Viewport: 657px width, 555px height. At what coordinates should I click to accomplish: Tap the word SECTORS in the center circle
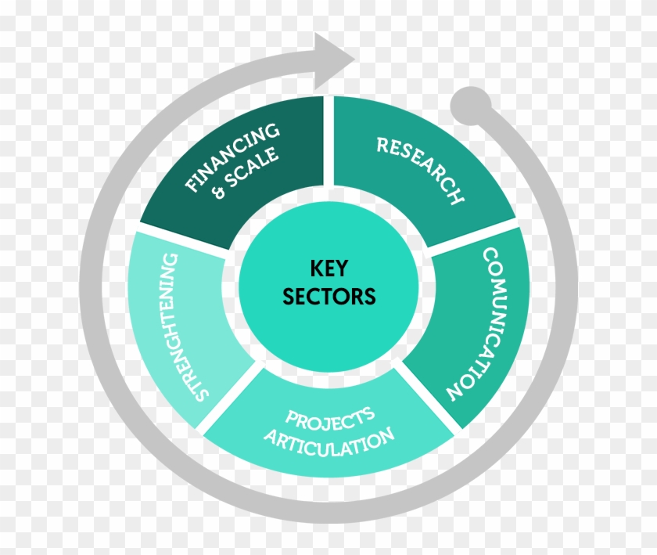tap(328, 297)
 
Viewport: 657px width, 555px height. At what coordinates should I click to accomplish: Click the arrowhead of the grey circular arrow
tap(336, 55)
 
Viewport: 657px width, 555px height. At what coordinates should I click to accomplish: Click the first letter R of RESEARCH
tap(382, 144)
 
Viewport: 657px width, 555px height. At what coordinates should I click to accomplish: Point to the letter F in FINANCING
tap(192, 186)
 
